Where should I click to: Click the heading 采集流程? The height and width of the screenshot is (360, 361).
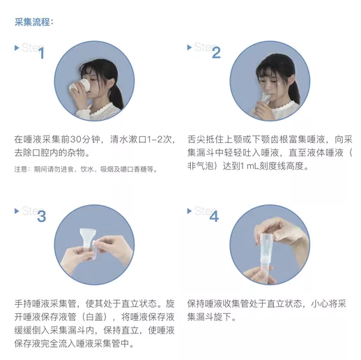pos(32,22)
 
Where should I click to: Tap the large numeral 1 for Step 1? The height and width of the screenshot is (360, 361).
pos(41,53)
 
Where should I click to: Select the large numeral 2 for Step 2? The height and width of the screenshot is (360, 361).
pos(216,53)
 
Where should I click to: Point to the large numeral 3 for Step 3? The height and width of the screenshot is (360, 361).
pos(41,216)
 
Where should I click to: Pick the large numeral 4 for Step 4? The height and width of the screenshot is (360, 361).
pos(214,216)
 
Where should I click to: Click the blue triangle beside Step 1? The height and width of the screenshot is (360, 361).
pos(17,48)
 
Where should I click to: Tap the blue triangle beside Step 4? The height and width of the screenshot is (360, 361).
pos(190,211)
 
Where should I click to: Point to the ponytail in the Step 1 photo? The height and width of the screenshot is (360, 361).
pos(116,96)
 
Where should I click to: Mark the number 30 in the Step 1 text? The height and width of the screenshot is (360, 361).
pos(75,140)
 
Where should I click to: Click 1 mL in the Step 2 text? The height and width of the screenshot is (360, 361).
pos(249,166)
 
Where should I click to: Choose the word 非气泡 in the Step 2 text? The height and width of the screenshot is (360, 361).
pos(200,166)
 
